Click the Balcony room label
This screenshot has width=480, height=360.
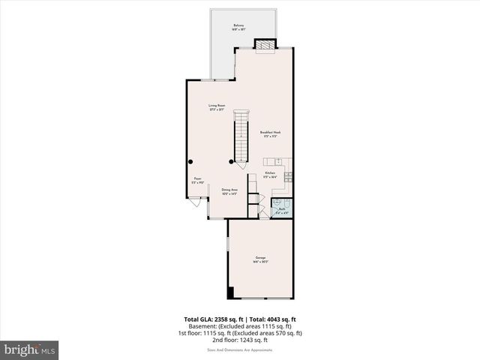coord(238,27)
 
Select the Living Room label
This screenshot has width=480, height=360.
coord(217,107)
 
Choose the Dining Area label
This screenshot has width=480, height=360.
coord(229,191)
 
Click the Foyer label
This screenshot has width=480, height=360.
coord(196,180)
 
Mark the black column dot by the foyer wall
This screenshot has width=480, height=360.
coord(191,161)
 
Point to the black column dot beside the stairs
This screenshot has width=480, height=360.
coord(231,161)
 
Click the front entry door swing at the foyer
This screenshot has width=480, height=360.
coord(193,202)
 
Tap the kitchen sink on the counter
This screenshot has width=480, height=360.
coord(277,160)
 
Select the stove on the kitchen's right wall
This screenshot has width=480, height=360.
coord(289,176)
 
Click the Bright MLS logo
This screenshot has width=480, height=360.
coord(30,349)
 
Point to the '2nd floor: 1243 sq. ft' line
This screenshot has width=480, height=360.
coord(240,339)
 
